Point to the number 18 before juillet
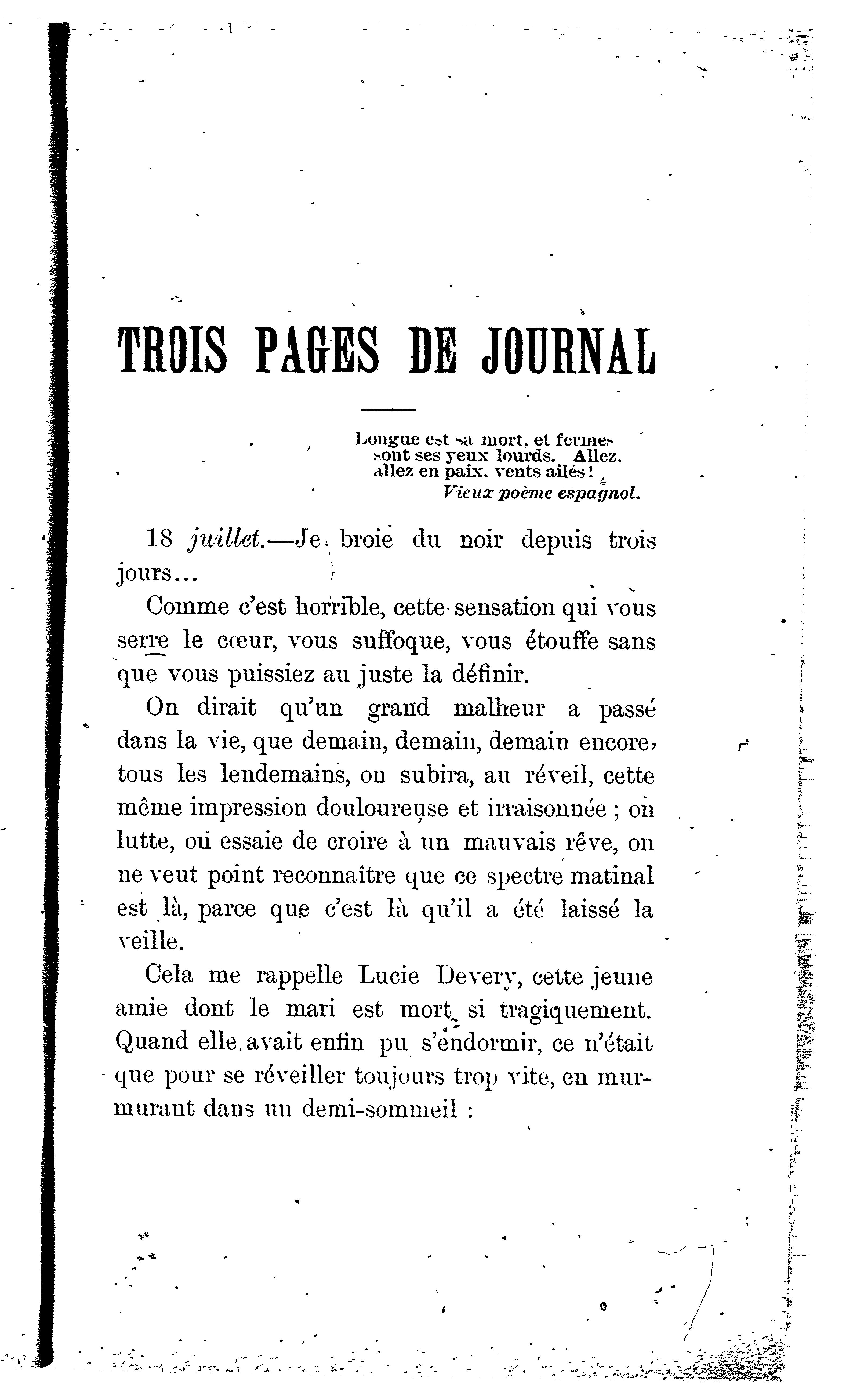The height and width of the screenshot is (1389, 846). coord(159,540)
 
